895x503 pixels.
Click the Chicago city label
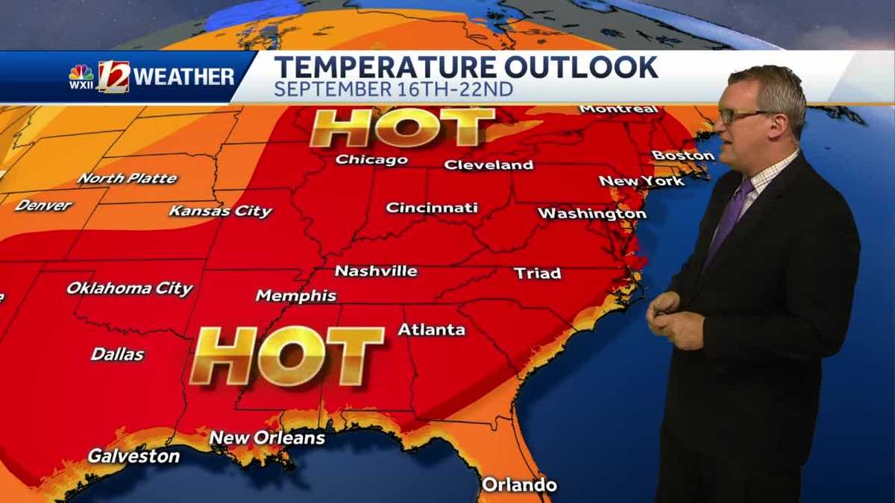tap(371, 159)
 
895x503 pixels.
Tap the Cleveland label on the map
tap(489, 165)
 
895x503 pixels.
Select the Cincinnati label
tap(431, 208)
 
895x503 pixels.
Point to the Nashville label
tap(376, 271)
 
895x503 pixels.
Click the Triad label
tap(537, 273)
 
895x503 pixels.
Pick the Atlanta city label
tap(431, 329)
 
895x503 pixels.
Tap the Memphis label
tap(296, 296)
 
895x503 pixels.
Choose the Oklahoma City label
tap(130, 288)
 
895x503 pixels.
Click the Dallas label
tap(118, 354)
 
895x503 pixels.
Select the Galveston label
tap(134, 455)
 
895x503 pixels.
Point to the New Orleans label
tap(267, 437)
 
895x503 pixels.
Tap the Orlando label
tap(519, 485)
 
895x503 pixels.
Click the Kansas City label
tap(221, 211)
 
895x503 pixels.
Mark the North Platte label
tap(128, 179)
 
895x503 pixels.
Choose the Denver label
tap(43, 205)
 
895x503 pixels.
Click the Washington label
tap(591, 214)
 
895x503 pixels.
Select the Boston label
tap(683, 156)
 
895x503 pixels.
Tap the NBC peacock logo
tap(81, 73)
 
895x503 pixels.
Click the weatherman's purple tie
tap(727, 216)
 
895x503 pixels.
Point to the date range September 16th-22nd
tap(393, 89)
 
